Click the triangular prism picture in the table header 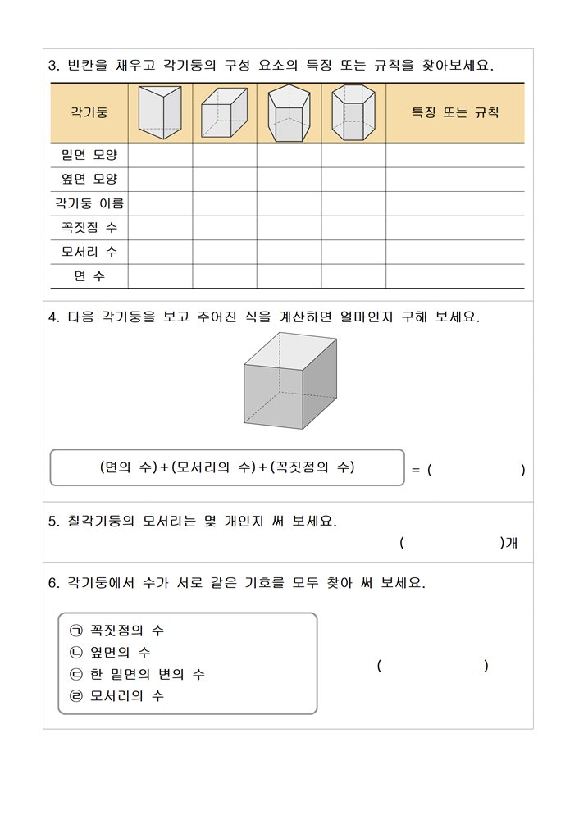[x=160, y=112]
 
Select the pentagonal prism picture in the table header [x=289, y=113]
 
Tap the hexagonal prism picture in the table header [x=353, y=113]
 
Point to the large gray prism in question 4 [x=289, y=380]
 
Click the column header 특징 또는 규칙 [x=454, y=113]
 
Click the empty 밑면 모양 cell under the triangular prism [x=160, y=155]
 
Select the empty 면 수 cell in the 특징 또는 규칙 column [x=454, y=276]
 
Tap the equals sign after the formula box [x=415, y=471]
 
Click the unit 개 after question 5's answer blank [x=509, y=543]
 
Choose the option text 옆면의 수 [x=121, y=653]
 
